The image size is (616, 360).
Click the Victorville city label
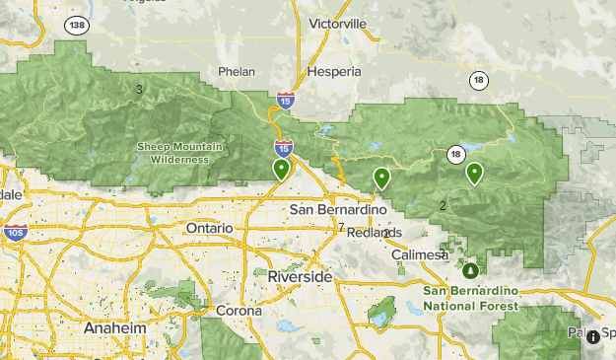coord(337,23)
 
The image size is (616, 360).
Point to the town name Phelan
coord(239,72)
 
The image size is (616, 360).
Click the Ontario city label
coord(210,228)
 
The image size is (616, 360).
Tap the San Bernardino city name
coord(331,210)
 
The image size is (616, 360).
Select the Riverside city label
coord(300,278)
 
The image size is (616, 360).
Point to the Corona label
coord(239,310)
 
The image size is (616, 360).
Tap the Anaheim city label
coord(108,327)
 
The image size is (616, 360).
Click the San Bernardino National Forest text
coord(470,298)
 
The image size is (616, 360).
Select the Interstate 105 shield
coord(15,233)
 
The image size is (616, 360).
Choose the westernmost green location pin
coord(282,170)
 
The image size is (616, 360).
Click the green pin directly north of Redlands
coord(381,179)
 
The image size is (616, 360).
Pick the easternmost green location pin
coord(474,174)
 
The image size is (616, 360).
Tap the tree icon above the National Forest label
coord(470,269)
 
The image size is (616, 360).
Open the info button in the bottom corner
coord(593,337)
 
